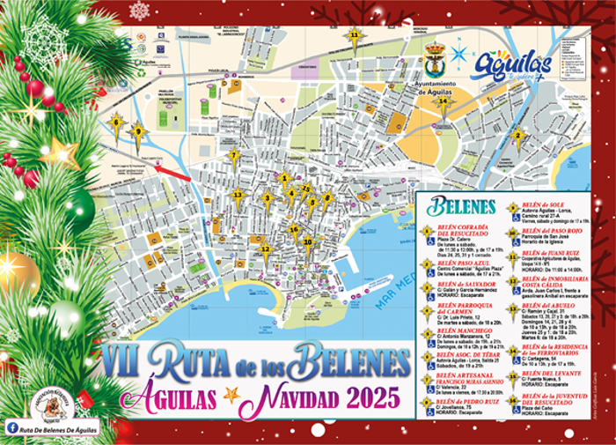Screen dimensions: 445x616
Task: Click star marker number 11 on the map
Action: coord(355,36)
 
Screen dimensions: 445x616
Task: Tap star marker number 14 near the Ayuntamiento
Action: coord(443,101)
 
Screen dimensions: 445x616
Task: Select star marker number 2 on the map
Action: coord(518,135)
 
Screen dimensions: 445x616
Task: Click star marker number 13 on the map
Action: coord(237,195)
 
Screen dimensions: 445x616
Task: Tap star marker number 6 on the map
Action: coord(115,122)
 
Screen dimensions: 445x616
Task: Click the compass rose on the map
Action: coord(458,54)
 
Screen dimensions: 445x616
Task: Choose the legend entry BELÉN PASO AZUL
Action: coord(461,262)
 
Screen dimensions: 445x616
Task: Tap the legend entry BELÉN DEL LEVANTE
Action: coord(539,373)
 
